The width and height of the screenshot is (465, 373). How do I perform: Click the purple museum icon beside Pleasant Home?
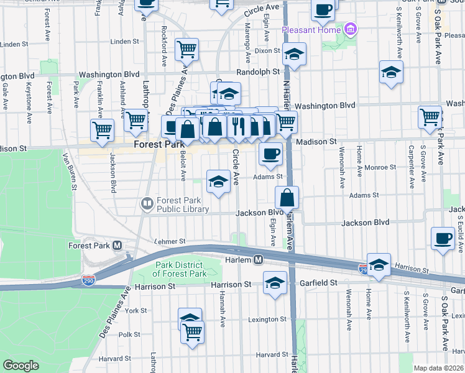click(x=350, y=29)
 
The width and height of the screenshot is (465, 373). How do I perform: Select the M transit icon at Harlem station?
click(x=257, y=259)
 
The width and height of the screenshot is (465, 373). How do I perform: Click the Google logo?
click(x=21, y=366)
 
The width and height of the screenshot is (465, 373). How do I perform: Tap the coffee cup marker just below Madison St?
click(x=270, y=153)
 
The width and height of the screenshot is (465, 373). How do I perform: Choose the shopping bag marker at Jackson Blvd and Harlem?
click(x=287, y=198)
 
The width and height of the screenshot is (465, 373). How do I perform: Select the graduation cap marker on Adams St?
click(x=218, y=182)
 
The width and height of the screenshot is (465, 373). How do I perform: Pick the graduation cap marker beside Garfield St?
click(x=275, y=283)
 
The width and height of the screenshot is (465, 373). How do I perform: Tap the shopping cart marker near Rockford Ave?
click(x=186, y=48)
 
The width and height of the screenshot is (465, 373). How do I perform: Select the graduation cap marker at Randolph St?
click(x=294, y=54)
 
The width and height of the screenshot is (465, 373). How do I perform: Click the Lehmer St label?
click(x=170, y=241)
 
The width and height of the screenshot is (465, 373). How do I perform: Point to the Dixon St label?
click(x=267, y=50)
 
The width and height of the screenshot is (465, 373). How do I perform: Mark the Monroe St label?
click(x=380, y=167)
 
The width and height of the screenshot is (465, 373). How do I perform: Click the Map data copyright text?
click(x=438, y=367)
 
